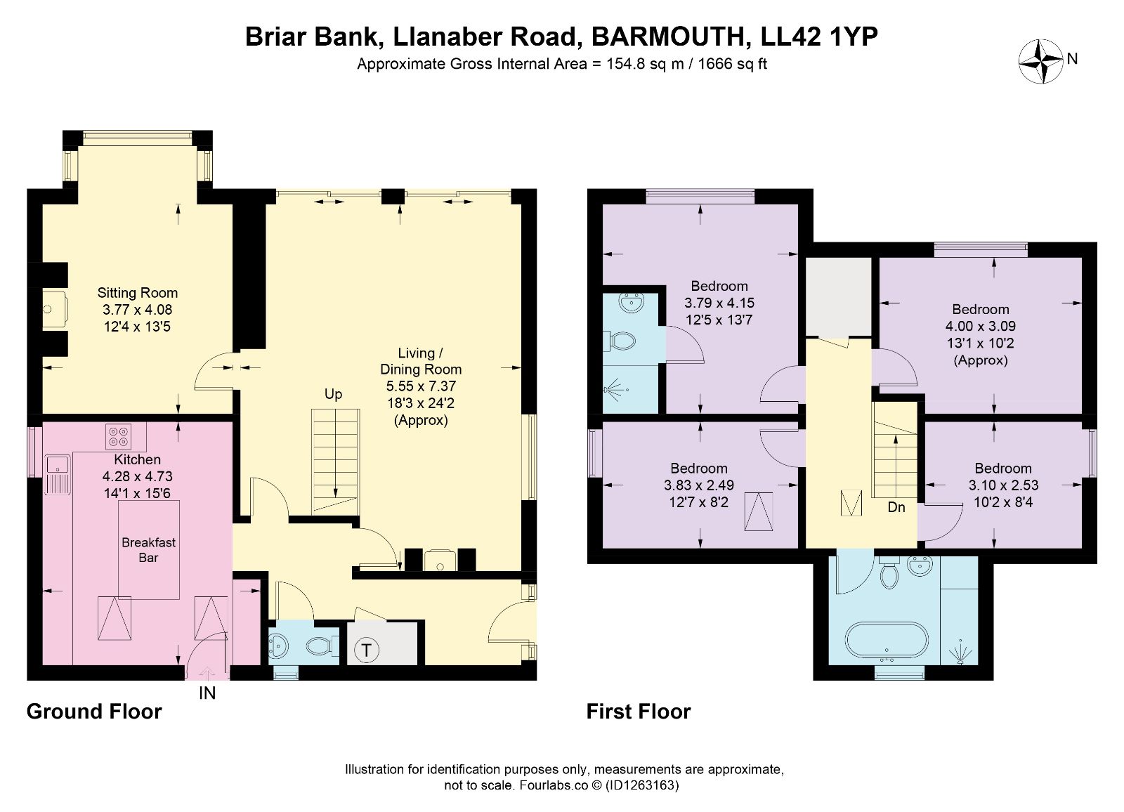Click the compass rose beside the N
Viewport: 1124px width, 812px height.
point(1040,61)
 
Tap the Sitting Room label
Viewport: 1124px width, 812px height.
point(137,293)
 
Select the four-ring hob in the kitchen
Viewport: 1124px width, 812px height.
point(119,436)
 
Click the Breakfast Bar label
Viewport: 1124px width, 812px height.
point(148,549)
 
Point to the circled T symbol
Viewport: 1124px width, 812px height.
point(366,650)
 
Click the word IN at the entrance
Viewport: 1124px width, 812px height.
point(207,693)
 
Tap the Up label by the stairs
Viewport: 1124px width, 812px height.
point(333,395)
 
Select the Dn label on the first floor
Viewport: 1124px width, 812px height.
point(896,507)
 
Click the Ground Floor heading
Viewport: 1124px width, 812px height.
point(94,712)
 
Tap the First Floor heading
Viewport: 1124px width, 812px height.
point(639,712)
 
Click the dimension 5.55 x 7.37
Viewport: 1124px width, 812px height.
point(421,386)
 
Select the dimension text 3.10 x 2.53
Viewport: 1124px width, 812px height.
point(1003,485)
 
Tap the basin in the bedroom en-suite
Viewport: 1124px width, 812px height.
point(631,304)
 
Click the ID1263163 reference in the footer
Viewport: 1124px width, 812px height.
point(642,785)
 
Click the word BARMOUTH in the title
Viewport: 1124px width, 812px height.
point(667,37)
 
